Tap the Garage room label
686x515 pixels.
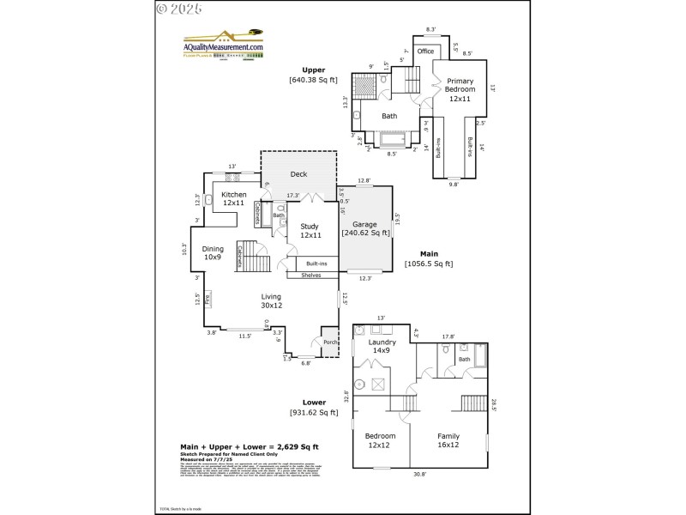(x=364, y=225)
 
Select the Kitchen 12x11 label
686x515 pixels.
(x=234, y=199)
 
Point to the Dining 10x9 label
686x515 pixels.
(x=213, y=253)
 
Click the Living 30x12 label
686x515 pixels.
(x=272, y=301)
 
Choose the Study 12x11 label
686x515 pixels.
(x=310, y=231)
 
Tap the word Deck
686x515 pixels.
(x=298, y=174)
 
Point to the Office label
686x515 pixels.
(x=425, y=51)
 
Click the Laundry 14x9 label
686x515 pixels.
(x=382, y=346)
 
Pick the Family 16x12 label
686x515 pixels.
(x=448, y=440)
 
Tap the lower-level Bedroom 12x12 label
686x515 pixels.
(x=381, y=440)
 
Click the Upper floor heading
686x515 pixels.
(x=313, y=70)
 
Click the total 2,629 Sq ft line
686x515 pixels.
(x=250, y=447)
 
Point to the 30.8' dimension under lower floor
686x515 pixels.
(x=419, y=474)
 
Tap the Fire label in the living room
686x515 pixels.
(x=207, y=299)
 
